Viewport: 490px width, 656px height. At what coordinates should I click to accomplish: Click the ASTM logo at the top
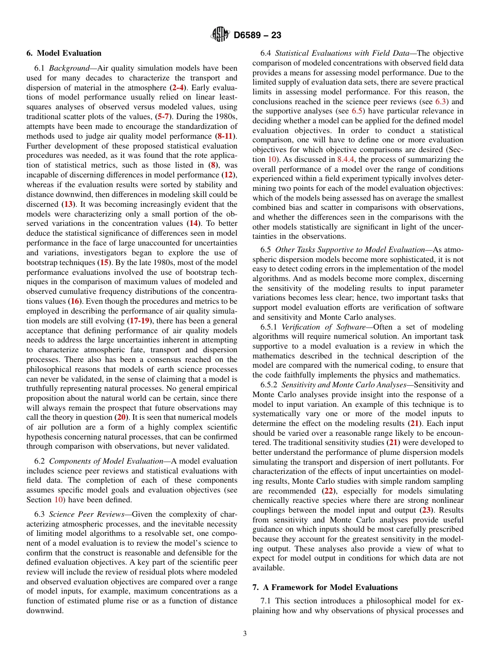(x=220, y=35)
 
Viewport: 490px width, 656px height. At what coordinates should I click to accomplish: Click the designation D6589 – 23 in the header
(x=257, y=36)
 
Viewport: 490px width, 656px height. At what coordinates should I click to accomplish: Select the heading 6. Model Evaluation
(x=64, y=53)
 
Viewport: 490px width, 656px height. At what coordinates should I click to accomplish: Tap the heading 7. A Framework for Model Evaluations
(x=325, y=587)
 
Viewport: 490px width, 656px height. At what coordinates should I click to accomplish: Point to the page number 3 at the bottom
(x=244, y=633)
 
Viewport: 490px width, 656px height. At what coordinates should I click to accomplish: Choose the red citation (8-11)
(x=224, y=136)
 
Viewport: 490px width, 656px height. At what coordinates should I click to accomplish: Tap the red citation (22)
(x=327, y=491)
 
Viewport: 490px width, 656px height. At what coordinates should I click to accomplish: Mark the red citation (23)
(x=426, y=510)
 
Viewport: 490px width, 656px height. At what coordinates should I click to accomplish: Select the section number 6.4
(x=266, y=53)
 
